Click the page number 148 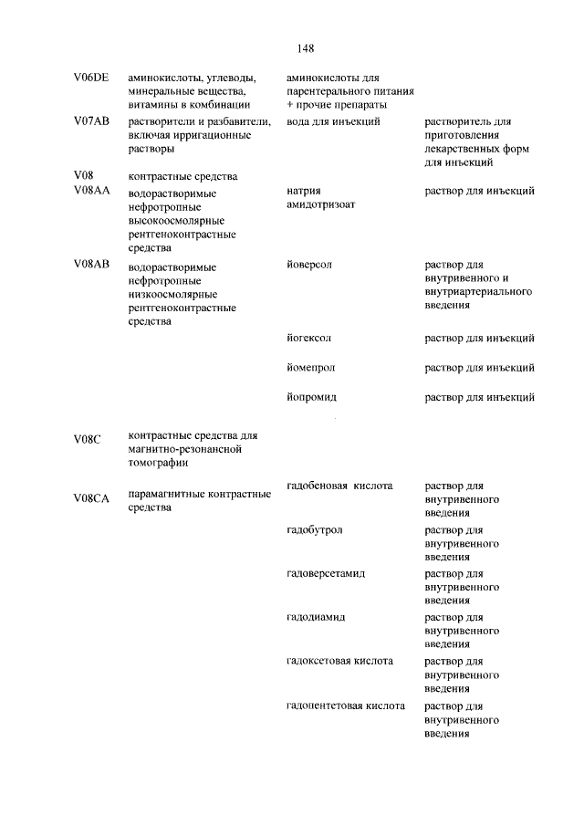[x=305, y=48]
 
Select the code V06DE [x=91, y=78]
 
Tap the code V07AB [x=91, y=120]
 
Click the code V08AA [x=91, y=191]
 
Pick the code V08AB [x=91, y=265]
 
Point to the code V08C [x=88, y=439]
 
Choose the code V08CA [x=91, y=497]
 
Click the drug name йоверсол [x=309, y=264]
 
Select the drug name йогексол [x=309, y=338]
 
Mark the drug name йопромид [x=311, y=396]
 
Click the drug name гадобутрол [x=315, y=529]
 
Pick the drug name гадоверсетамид [x=326, y=573]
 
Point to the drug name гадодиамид [x=316, y=617]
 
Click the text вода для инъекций [x=333, y=120]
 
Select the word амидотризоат [x=321, y=205]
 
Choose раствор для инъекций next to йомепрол [x=479, y=367]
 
